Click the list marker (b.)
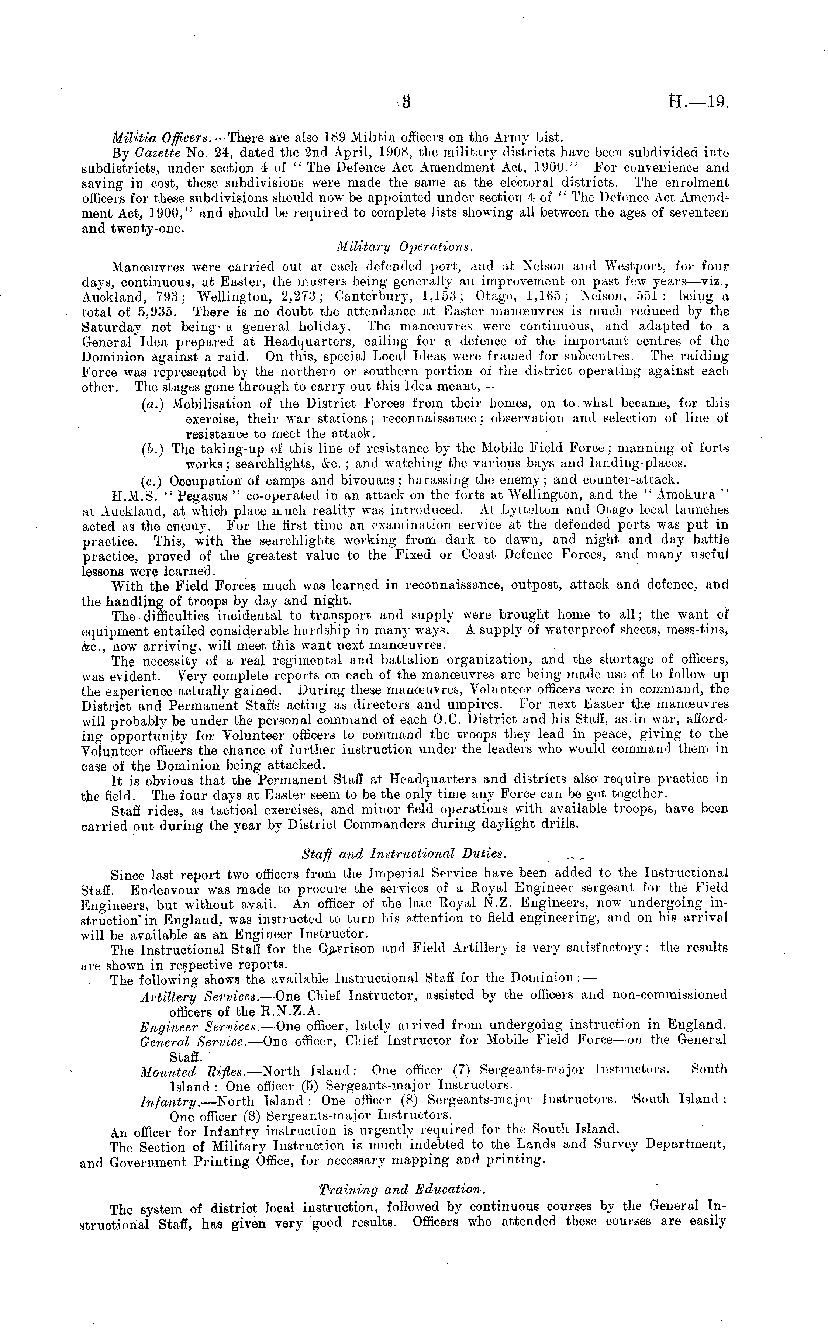point(150,449)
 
